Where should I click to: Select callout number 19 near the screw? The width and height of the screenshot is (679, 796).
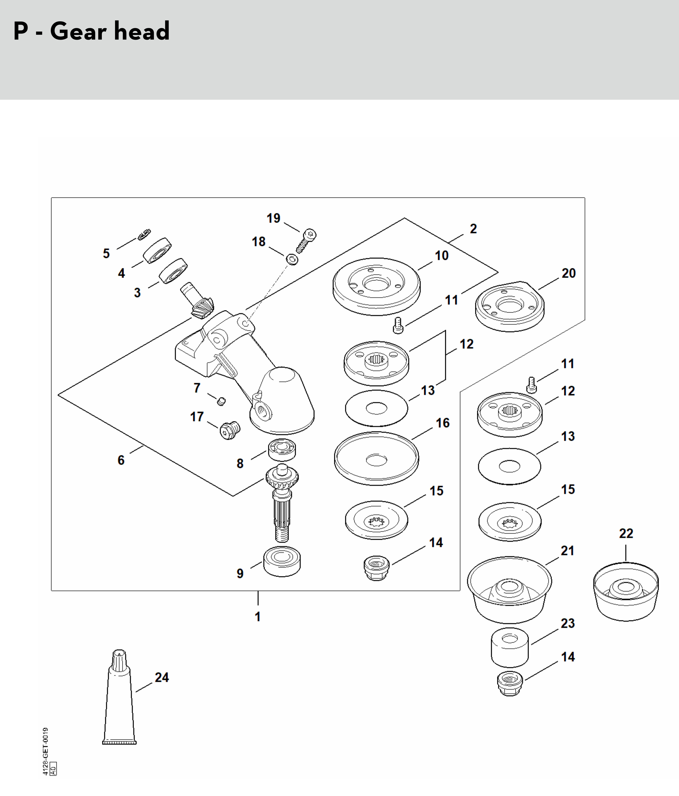point(274,218)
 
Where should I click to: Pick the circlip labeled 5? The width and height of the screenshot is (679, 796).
point(144,235)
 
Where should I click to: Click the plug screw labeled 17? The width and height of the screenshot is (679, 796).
point(230,430)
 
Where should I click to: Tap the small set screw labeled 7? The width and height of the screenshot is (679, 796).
point(221,401)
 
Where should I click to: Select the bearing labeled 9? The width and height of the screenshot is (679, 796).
point(282,561)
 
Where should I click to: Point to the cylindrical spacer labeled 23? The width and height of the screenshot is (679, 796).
point(510,648)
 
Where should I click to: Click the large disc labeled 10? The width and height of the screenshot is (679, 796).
point(376,287)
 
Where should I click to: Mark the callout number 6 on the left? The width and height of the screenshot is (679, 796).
point(121,460)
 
